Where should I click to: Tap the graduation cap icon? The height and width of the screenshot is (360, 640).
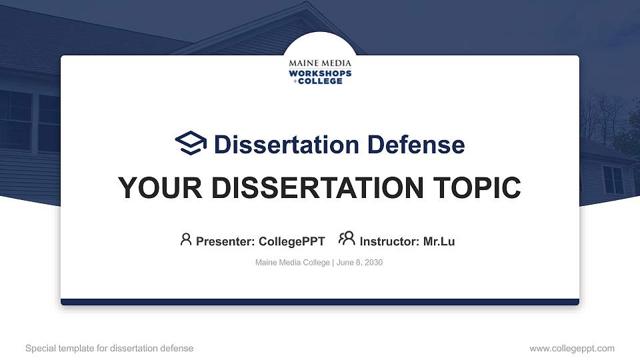coord(191,143)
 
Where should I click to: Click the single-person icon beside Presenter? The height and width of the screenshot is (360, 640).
coord(186,239)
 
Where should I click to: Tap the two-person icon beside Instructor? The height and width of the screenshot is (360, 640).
coord(346,239)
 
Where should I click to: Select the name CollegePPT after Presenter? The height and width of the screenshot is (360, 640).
coord(291,241)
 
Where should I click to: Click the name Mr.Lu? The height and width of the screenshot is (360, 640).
coord(439,241)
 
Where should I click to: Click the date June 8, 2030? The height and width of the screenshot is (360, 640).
coord(359,263)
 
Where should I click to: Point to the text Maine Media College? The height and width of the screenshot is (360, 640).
coord(292,263)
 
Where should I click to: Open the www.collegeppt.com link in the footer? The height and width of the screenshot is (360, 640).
coord(572,348)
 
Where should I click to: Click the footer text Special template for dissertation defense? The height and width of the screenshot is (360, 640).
coord(109,348)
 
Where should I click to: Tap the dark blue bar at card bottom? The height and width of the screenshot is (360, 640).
coord(320,302)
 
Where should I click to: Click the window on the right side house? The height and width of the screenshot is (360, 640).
coord(613,179)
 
